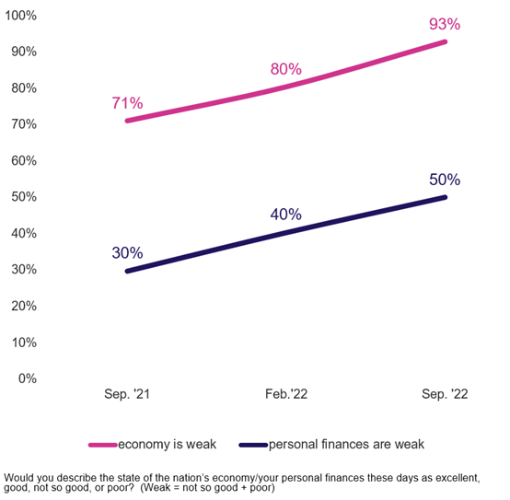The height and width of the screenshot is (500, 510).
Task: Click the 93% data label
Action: (x=445, y=23)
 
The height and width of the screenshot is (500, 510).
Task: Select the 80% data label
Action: (x=285, y=69)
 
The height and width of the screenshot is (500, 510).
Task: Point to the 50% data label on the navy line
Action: (x=445, y=180)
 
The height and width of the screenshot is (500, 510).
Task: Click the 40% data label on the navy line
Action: (x=285, y=215)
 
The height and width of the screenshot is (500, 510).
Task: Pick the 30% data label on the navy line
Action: (x=126, y=252)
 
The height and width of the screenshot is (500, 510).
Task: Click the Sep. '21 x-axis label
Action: (x=127, y=393)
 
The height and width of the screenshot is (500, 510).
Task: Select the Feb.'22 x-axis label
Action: (x=286, y=393)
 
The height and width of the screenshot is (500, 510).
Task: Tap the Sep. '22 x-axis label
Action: (x=446, y=393)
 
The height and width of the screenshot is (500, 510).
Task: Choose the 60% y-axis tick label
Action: (x=23, y=160)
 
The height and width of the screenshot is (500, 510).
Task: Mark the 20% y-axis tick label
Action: (x=23, y=306)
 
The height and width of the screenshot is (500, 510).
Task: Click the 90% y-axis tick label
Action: (x=23, y=52)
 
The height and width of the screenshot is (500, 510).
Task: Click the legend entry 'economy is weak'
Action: (x=167, y=445)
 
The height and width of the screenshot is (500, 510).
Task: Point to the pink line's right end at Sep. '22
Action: (x=446, y=41)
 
